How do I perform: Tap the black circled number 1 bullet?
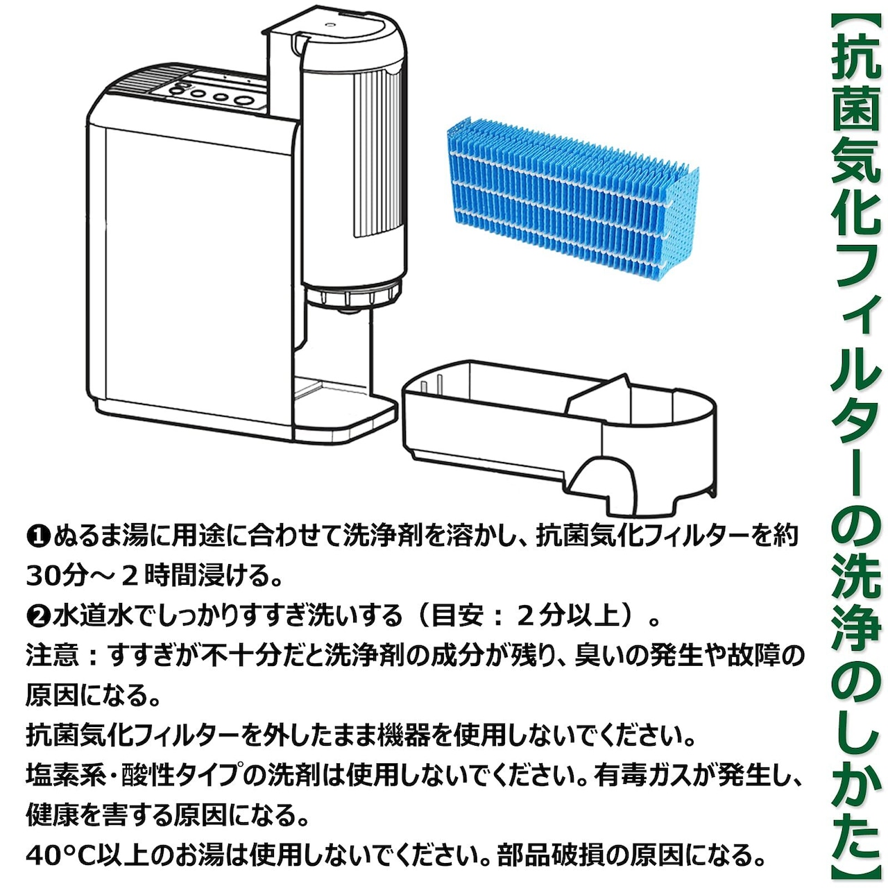[x=37, y=536]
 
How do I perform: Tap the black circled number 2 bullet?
[x=37, y=615]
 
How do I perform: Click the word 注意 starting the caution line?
[x=52, y=655]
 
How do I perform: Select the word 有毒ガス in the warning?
[x=646, y=775]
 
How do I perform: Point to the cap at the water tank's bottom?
[x=354, y=296]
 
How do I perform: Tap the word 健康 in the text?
[x=52, y=815]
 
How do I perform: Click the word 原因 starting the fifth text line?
[x=52, y=695]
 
